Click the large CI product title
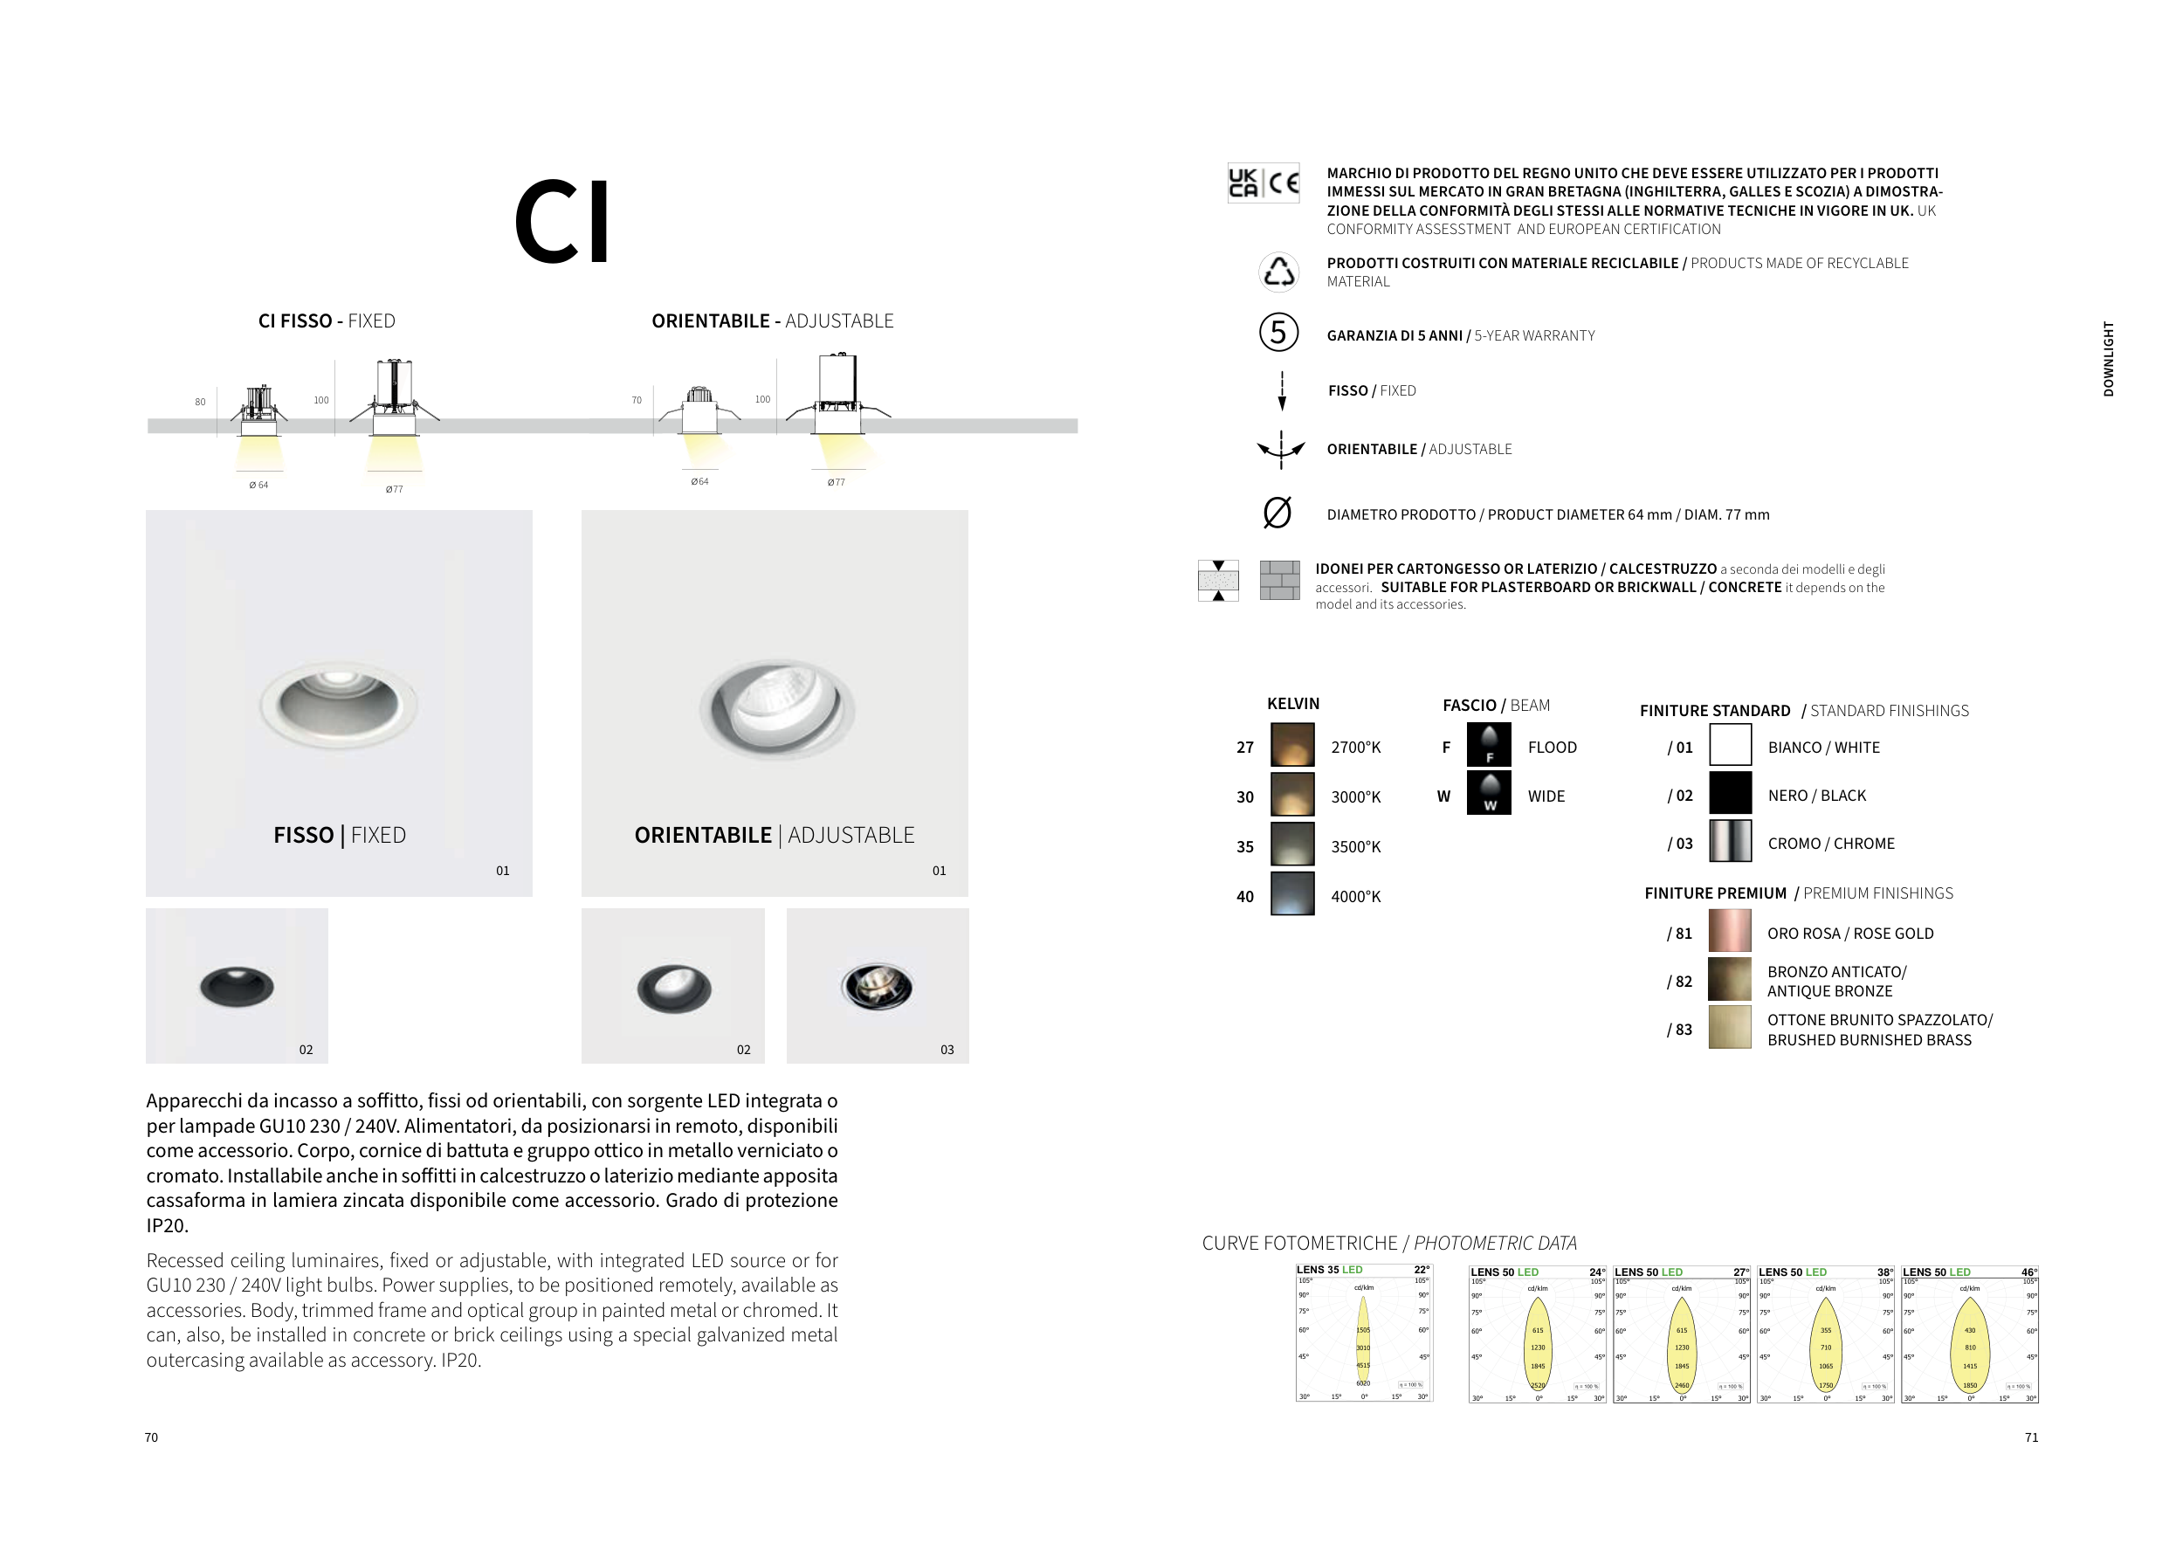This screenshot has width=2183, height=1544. [562, 223]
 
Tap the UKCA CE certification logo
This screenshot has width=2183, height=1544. [1264, 183]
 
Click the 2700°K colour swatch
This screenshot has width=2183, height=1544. [1292, 746]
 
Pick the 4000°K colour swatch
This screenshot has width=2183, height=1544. [1292, 893]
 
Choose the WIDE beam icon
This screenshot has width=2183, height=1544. [1489, 793]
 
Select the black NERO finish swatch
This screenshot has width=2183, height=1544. [1730, 793]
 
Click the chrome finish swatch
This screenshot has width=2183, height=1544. [1730, 841]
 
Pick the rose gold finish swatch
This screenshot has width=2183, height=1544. [1730, 932]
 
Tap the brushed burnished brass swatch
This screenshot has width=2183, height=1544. [1730, 1028]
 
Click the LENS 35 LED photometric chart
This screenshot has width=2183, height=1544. [1363, 1333]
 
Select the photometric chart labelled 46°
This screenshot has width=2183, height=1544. [1969, 1334]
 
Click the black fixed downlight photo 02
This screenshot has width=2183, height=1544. [237, 985]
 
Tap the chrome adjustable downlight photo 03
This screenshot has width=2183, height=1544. [877, 985]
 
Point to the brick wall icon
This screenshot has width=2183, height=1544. [1279, 580]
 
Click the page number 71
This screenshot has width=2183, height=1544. [2031, 1437]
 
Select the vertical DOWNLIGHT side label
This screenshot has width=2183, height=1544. [2108, 360]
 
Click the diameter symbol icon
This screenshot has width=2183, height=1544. [1277, 514]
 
